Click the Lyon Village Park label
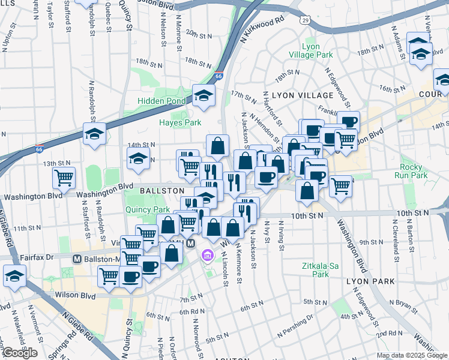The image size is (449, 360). tap(318, 50)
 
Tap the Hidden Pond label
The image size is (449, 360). tap(162, 101)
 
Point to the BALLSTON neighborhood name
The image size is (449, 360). tap(162, 190)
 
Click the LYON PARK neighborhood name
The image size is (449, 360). tap(370, 281)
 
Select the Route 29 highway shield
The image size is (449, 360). tap(306, 20)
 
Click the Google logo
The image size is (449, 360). tap(20, 353)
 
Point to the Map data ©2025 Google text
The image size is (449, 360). tap(412, 356)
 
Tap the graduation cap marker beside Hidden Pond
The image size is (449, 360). tap(204, 95)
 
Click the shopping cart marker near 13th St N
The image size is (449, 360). tap(64, 178)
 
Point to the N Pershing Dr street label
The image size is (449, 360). tap(295, 326)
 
